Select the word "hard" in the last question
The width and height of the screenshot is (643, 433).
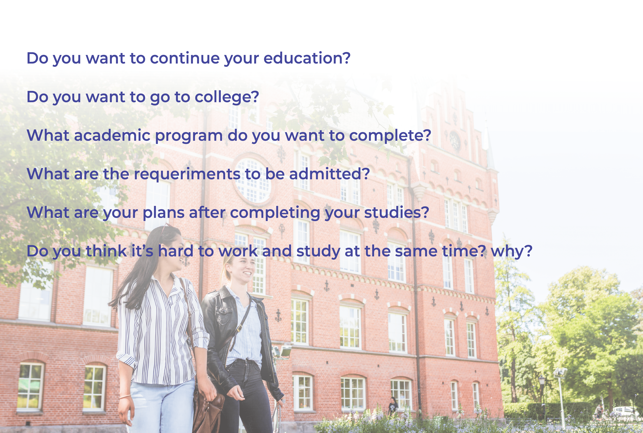click(176, 251)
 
